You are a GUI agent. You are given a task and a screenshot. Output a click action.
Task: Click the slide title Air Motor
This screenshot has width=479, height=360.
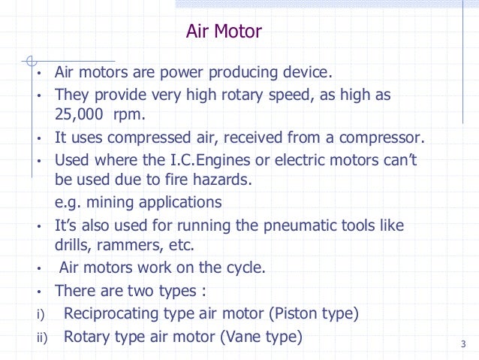[x=224, y=32]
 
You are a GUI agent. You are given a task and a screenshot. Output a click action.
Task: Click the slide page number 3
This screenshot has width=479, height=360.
[x=462, y=345]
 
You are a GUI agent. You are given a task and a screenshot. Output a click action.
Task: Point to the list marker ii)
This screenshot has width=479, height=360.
[x=41, y=338]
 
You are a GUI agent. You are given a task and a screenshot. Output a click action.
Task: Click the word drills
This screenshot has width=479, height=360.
[x=73, y=246]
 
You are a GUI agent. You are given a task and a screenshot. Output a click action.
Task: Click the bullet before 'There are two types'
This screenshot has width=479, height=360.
[x=39, y=292]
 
